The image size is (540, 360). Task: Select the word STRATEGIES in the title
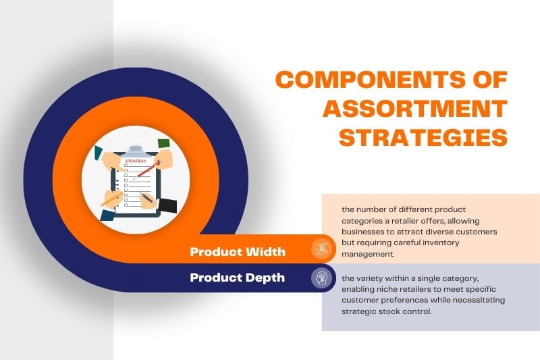tap(423, 137)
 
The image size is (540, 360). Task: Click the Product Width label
tap(238, 252)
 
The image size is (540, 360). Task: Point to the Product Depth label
tap(237, 278)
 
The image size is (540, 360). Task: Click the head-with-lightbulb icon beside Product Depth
tap(322, 278)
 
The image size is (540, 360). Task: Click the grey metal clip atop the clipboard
tap(136, 148)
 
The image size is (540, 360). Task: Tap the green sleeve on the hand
tap(164, 143)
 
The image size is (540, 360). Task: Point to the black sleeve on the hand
tap(168, 204)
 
